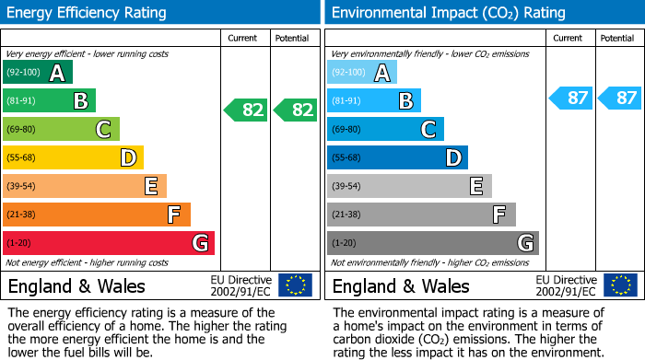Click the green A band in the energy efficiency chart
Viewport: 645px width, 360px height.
point(37,73)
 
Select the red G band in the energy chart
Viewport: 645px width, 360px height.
point(109,243)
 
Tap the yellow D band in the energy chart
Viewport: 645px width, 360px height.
point(73,158)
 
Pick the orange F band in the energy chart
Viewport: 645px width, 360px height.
point(97,215)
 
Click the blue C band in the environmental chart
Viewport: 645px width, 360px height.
point(385,130)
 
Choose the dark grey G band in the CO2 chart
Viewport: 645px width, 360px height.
point(432,243)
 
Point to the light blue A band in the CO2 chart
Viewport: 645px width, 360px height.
point(362,73)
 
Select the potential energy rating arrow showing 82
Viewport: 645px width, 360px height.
point(295,110)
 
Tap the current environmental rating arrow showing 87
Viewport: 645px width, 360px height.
point(571,98)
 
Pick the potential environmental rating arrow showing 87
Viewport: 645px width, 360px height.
point(619,98)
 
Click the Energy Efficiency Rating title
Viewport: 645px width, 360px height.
point(88,13)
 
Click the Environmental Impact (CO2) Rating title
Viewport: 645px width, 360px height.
point(448,13)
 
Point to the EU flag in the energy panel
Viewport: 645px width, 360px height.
point(296,285)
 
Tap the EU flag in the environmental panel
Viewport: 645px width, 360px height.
point(620,285)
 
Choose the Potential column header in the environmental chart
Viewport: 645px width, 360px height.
point(617,38)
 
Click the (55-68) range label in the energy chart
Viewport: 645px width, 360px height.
point(22,158)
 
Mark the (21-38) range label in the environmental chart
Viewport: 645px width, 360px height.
point(346,215)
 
